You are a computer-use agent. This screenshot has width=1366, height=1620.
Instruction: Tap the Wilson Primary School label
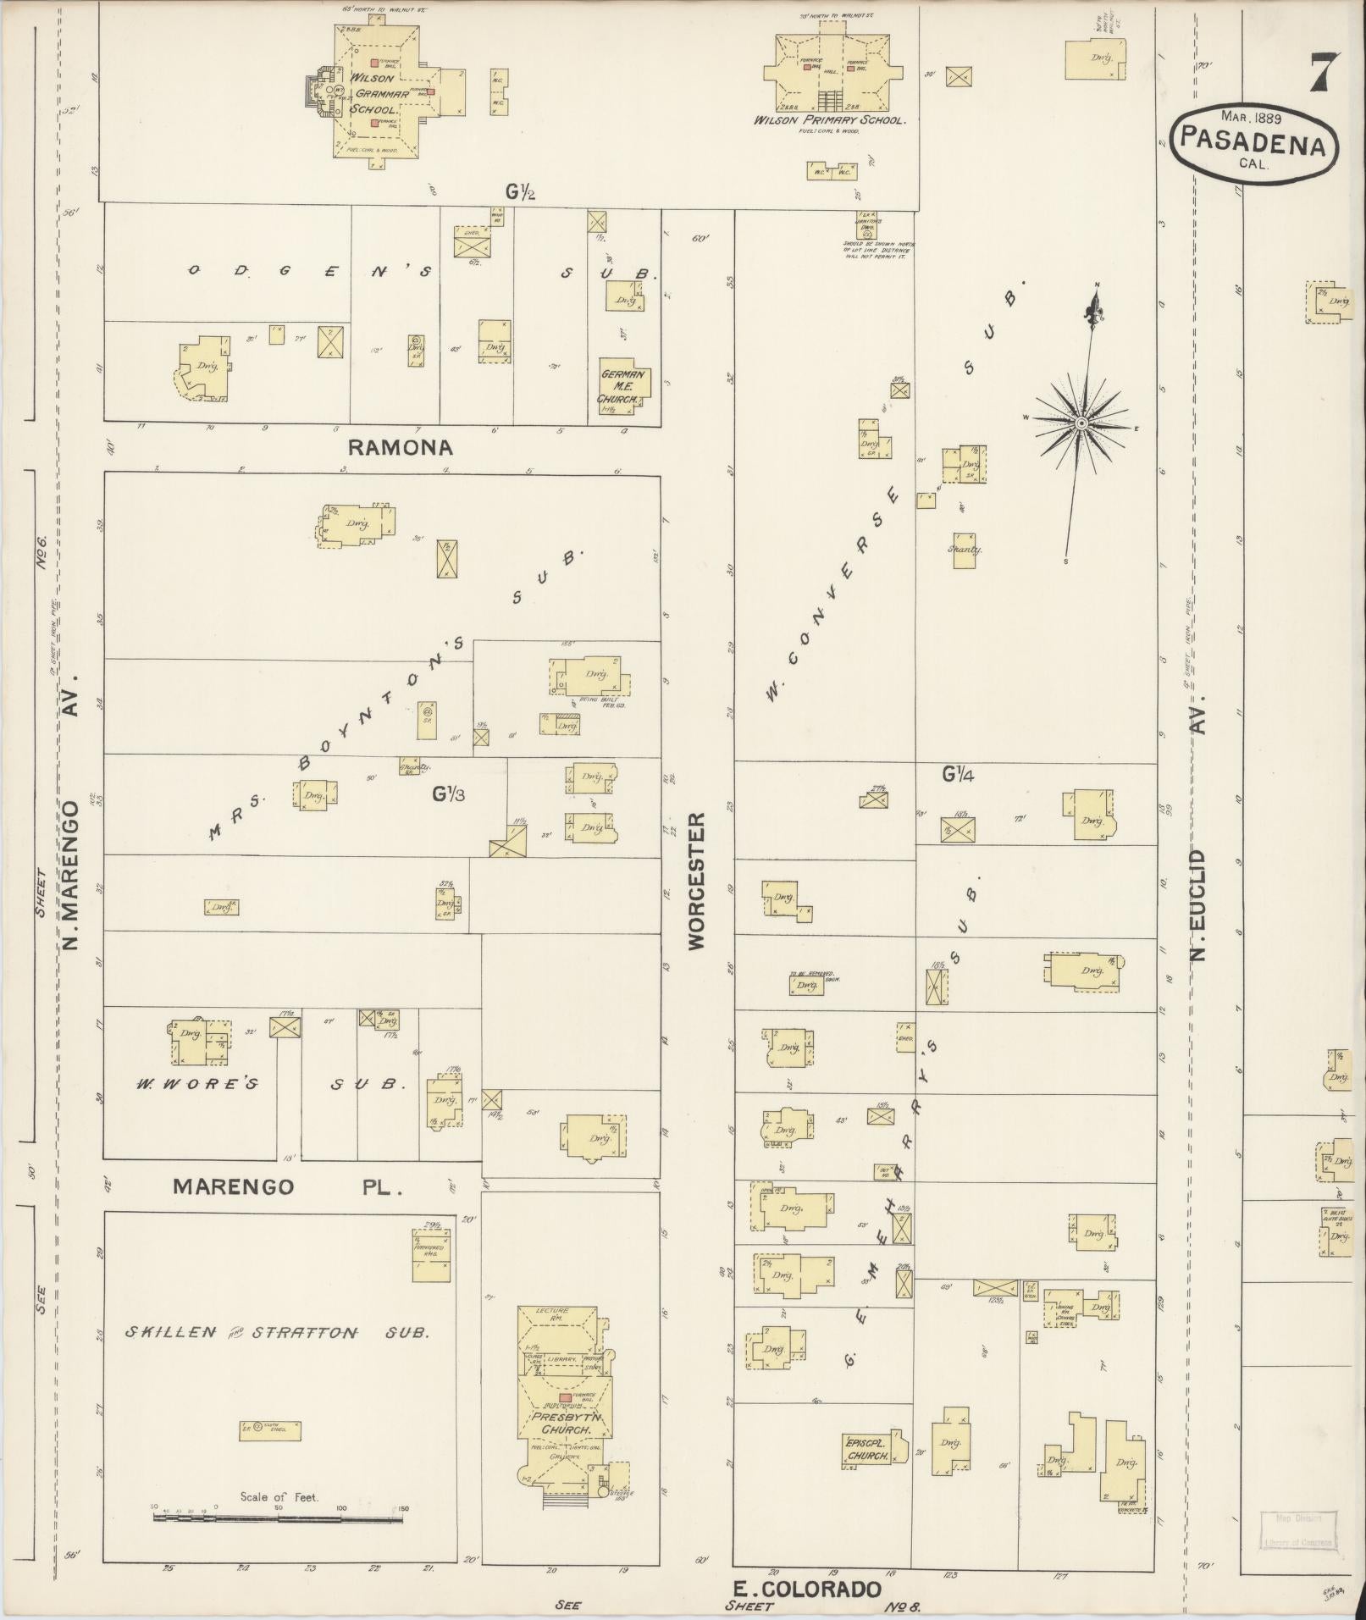click(829, 121)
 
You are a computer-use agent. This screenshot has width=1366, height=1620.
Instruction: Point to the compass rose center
click(1081, 422)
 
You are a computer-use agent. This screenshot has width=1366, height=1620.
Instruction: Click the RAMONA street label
click(401, 447)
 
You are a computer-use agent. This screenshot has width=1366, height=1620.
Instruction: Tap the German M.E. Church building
click(624, 386)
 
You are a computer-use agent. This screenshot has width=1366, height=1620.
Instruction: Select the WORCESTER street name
click(696, 881)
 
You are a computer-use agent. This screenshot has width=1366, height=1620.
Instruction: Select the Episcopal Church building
click(871, 1449)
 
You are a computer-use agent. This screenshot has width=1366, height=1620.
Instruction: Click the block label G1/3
click(448, 793)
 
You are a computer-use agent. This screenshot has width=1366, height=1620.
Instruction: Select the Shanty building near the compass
click(965, 550)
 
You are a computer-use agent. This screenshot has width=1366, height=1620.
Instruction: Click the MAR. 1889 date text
click(1251, 116)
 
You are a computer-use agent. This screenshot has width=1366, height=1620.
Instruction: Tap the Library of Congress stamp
click(1298, 1529)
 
